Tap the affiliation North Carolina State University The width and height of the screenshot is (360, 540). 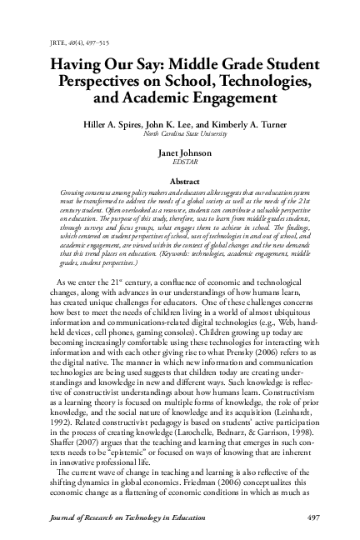click(180, 132)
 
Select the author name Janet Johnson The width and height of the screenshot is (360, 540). click(180, 153)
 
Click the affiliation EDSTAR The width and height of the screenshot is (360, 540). click(180, 162)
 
